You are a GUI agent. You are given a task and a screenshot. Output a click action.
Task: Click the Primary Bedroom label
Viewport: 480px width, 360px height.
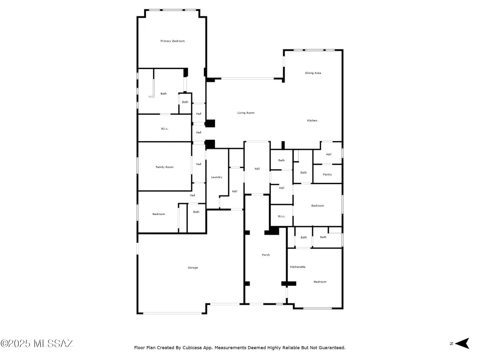click(172, 41)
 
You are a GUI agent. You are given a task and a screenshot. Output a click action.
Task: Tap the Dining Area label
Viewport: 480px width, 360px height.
click(313, 73)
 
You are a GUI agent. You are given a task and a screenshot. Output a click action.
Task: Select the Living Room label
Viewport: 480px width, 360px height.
click(246, 113)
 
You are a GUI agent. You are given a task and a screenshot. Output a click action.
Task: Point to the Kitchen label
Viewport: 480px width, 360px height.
click(312, 120)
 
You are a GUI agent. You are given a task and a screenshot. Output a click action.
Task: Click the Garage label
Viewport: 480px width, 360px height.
click(192, 267)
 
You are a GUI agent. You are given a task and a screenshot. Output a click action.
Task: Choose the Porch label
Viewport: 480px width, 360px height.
click(265, 255)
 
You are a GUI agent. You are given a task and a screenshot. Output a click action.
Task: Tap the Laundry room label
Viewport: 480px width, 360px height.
click(216, 177)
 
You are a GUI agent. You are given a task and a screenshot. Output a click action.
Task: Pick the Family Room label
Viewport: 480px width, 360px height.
click(165, 167)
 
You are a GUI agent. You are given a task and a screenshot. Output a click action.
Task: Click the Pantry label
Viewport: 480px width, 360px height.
click(327, 174)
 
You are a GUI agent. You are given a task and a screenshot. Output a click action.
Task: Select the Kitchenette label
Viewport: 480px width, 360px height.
click(298, 267)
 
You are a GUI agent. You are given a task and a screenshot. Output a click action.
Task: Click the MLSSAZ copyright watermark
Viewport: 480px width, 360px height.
click(37, 344)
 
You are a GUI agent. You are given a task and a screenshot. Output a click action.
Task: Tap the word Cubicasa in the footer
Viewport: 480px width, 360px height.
click(195, 348)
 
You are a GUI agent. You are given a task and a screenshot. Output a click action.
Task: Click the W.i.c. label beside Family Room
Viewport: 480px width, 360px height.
click(165, 129)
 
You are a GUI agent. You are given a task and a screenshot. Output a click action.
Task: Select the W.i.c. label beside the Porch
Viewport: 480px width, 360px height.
click(281, 216)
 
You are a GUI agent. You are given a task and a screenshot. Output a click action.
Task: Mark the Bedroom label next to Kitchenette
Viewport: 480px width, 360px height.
click(320, 282)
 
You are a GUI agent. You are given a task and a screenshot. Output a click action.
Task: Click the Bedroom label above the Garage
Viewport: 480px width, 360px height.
click(159, 214)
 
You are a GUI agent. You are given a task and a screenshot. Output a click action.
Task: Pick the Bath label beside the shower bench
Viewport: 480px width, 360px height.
click(164, 94)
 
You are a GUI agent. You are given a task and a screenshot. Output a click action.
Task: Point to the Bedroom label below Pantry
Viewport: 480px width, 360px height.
click(317, 205)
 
